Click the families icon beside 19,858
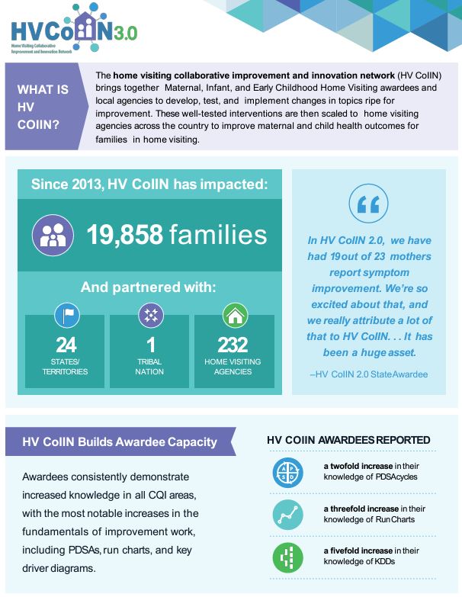click(x=53, y=234)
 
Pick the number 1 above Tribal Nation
click(x=149, y=345)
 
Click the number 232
click(x=233, y=345)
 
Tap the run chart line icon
click(x=287, y=515)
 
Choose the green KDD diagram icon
click(x=287, y=557)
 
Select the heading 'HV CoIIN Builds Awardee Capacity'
click(x=120, y=441)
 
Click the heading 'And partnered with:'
click(x=149, y=287)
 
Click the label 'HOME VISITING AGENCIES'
click(x=233, y=367)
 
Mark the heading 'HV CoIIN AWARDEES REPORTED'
click(x=348, y=440)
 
